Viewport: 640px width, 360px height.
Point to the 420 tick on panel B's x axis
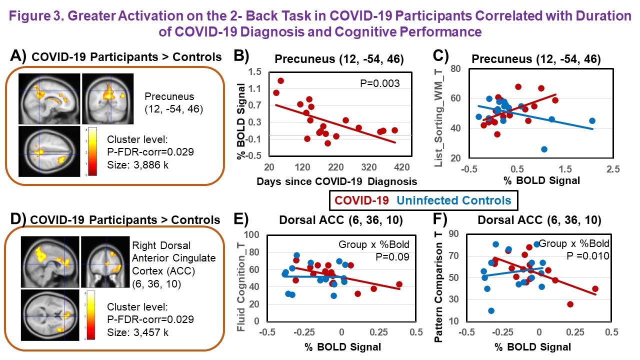coord(402,166)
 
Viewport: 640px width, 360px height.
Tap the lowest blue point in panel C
coord(544,149)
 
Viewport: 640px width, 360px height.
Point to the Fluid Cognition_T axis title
coord(241,282)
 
